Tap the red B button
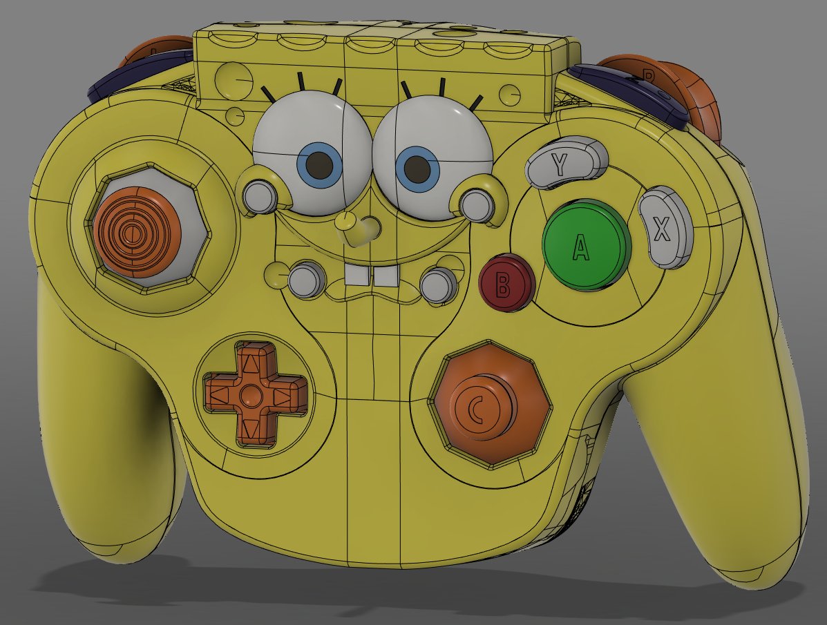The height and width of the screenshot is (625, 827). [506, 282]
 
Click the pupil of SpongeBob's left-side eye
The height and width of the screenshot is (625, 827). [319, 164]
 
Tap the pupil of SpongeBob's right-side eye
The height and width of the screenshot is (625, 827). [417, 167]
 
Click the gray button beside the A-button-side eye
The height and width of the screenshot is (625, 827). [475, 204]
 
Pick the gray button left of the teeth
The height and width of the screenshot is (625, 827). [305, 280]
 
